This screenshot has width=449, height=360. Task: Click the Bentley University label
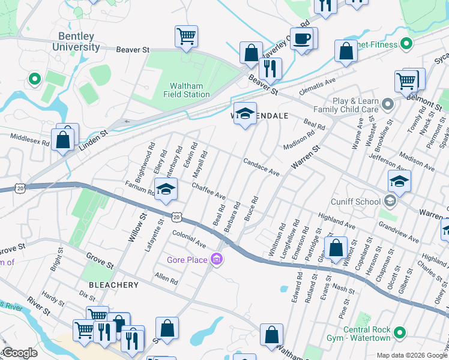pos(76,41)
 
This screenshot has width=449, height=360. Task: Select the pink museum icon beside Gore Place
pos(217,259)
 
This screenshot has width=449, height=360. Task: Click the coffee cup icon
pos(302,38)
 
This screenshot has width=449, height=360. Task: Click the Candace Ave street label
pos(262,167)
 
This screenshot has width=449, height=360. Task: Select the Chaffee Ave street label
pos(208,191)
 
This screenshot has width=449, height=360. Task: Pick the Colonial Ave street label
pos(188,238)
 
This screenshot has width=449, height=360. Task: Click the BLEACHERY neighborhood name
pos(113,285)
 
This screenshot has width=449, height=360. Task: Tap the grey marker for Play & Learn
pos(388,105)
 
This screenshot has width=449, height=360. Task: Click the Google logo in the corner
pos(19,353)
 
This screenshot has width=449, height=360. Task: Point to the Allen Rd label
pos(166,278)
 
